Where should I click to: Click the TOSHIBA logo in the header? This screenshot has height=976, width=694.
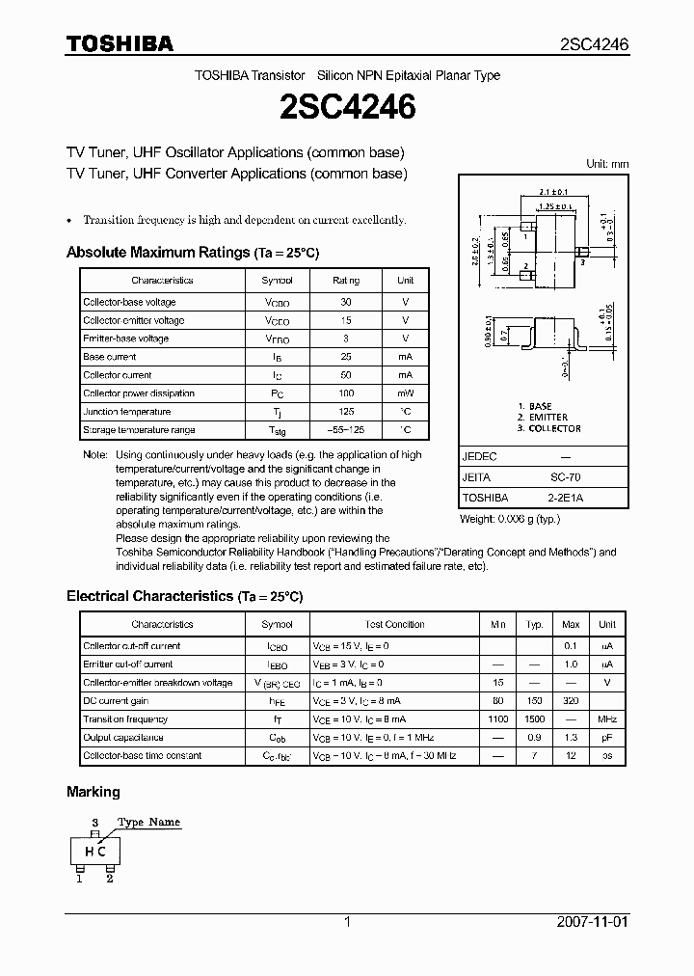120,44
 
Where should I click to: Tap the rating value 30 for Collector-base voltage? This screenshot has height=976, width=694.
346,302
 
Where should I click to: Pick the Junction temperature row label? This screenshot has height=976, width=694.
125,412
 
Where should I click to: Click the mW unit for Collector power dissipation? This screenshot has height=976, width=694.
405,393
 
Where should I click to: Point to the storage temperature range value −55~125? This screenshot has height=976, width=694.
346,430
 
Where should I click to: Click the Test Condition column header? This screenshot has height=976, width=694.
394,625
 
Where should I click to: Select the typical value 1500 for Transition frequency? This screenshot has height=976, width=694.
534,719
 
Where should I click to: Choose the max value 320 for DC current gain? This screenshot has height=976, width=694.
571,701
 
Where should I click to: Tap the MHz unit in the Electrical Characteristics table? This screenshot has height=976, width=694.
606,719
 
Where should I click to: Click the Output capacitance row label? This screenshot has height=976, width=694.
120,738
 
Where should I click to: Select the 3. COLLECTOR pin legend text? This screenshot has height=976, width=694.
548,428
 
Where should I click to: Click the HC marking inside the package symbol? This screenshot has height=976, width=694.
95,852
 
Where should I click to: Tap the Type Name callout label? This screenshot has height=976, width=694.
148,822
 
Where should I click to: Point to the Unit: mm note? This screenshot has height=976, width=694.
606,164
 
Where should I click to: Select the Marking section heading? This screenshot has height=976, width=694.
93,792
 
